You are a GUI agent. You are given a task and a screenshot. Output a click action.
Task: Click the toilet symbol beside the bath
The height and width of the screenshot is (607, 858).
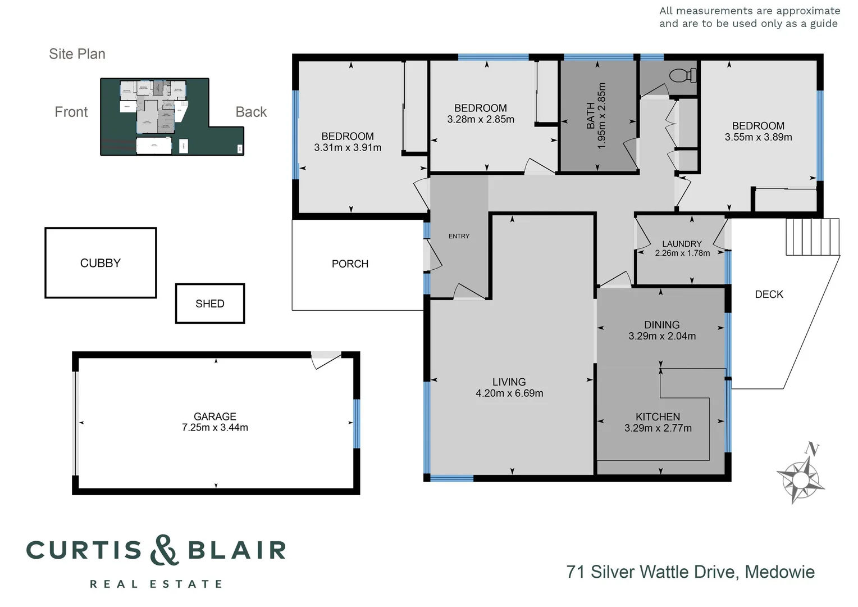[683, 75]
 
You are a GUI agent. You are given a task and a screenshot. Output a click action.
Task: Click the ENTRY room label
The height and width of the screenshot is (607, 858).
[459, 236]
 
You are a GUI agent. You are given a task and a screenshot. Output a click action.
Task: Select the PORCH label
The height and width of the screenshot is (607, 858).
[350, 264]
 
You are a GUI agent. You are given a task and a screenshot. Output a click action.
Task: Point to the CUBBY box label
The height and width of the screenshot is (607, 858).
[101, 263]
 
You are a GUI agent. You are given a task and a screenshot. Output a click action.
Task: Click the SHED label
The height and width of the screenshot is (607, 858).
[210, 303]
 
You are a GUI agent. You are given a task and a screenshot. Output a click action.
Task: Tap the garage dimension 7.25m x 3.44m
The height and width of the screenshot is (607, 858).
[215, 428]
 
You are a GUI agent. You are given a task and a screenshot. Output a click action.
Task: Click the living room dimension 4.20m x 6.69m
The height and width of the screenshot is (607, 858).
[509, 393]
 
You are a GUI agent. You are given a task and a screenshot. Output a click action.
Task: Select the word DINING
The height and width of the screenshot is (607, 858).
[662, 325]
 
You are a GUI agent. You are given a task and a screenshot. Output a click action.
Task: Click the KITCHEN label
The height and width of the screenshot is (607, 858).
[658, 417]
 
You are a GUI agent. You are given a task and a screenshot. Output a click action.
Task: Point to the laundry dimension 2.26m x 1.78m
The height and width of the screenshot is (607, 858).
[682, 253]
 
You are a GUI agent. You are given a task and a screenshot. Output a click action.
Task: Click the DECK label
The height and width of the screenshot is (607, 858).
[769, 295]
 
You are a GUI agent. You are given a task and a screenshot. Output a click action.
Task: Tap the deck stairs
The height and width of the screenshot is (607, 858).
[813, 237]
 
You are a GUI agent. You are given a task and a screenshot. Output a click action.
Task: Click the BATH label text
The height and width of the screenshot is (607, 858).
[591, 116]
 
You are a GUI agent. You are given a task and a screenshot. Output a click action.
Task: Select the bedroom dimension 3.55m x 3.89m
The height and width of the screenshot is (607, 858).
[758, 137]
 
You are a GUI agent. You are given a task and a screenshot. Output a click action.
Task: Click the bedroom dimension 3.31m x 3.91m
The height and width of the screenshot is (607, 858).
[348, 148]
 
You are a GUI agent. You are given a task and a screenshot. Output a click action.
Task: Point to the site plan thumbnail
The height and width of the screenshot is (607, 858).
[172, 117]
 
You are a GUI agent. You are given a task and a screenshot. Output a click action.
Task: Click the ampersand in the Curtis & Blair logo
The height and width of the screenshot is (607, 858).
[165, 550]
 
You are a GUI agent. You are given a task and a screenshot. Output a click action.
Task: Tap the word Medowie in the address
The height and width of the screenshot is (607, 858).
[779, 572]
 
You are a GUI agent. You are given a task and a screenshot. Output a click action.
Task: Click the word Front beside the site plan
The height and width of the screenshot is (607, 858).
[71, 112]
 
